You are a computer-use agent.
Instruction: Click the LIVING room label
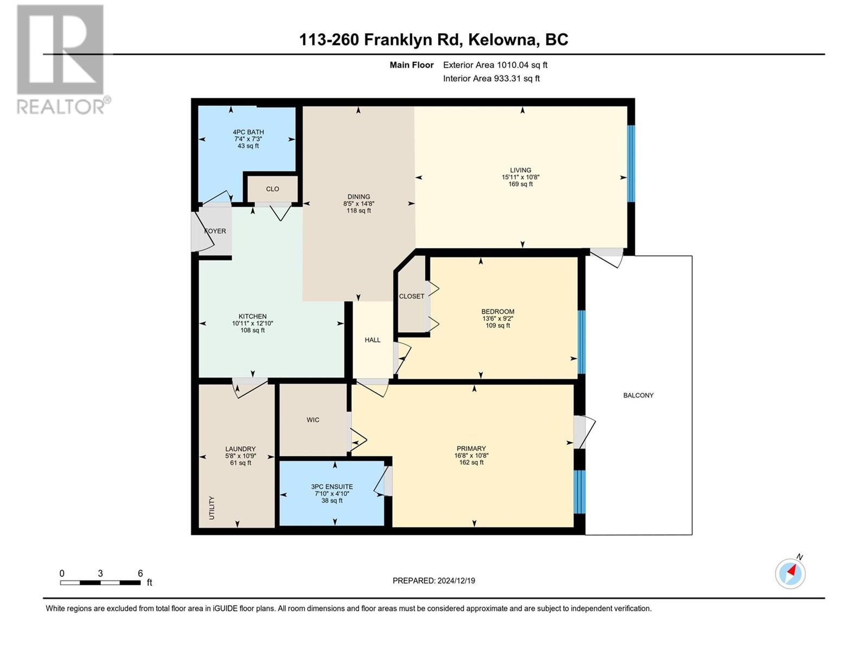click(x=520, y=170)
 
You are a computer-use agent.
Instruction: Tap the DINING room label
click(x=359, y=197)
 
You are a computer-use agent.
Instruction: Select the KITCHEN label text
click(x=252, y=316)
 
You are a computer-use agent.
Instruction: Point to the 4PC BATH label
click(x=248, y=132)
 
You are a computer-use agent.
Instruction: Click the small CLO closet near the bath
click(x=272, y=189)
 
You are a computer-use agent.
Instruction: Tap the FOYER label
click(x=215, y=231)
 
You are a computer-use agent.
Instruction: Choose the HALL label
click(x=373, y=340)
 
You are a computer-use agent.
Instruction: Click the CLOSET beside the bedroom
click(x=412, y=296)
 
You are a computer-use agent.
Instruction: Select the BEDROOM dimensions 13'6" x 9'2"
click(x=497, y=318)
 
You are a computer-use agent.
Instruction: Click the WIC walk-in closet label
click(x=313, y=420)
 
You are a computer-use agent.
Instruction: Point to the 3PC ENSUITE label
click(x=332, y=487)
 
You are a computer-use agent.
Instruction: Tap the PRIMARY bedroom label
click(x=471, y=449)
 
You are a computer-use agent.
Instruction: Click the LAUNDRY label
click(x=240, y=449)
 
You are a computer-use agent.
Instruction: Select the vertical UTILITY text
click(x=212, y=508)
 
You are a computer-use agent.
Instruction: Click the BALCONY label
click(x=638, y=395)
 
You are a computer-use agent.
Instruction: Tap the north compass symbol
click(x=790, y=573)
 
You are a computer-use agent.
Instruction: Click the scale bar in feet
click(x=100, y=583)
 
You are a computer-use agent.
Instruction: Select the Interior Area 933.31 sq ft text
click(x=491, y=78)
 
